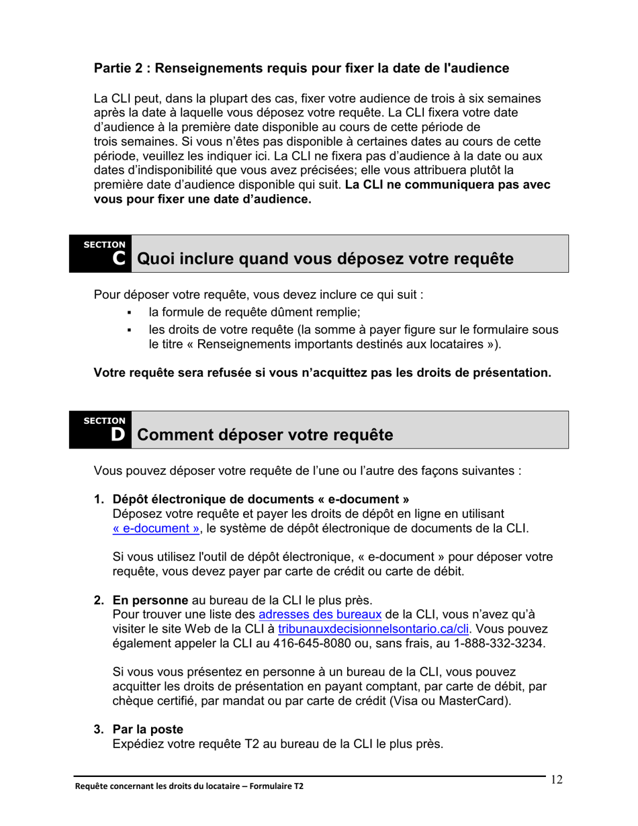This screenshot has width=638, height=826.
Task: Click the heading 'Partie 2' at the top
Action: (301, 68)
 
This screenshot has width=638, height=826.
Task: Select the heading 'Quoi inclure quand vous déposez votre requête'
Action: (325, 259)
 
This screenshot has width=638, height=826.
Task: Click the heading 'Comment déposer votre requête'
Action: (265, 434)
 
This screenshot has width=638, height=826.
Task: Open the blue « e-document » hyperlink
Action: (156, 529)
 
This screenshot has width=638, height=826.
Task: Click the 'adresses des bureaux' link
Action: (320, 614)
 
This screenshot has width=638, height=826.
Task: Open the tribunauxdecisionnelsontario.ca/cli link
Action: (373, 629)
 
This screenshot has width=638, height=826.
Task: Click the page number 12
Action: (557, 780)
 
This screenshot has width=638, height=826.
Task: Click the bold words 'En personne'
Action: (150, 600)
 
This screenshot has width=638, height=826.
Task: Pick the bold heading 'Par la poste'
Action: (147, 729)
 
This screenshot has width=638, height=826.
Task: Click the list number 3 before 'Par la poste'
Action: (98, 729)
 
